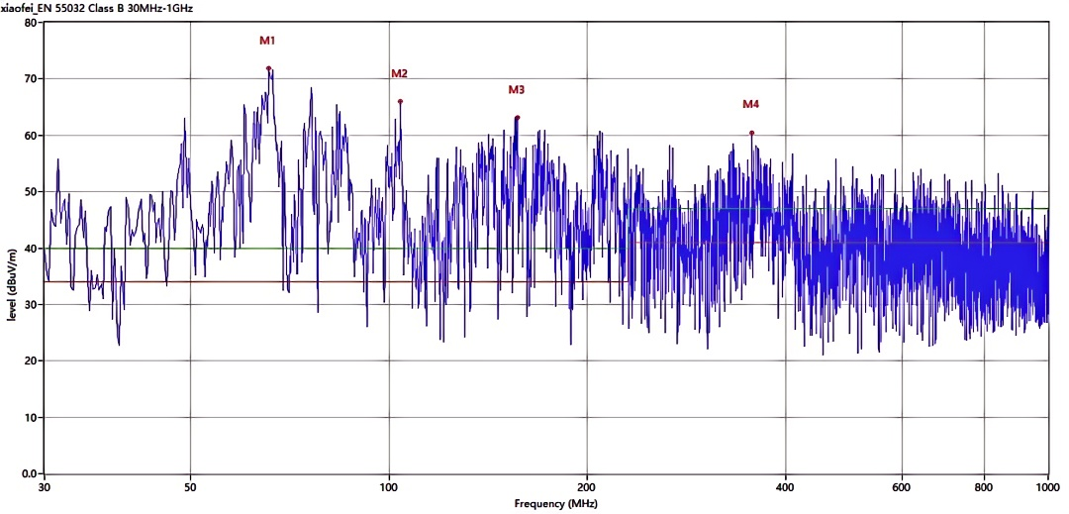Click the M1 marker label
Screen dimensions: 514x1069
[267, 42]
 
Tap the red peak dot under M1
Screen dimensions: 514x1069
[268, 68]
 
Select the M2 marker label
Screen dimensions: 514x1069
[399, 73]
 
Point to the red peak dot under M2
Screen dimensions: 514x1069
[400, 101]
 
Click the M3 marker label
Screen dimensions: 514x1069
[516, 90]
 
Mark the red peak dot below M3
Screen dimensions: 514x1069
[517, 118]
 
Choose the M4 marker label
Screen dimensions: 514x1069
[751, 104]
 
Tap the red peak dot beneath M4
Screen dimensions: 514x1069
[751, 133]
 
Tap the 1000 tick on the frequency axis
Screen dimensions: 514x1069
[1048, 487]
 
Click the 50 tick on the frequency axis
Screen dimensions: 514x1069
[190, 487]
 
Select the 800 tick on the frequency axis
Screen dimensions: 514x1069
[984, 487]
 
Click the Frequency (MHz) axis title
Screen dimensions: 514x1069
[555, 504]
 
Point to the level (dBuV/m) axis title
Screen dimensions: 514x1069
[11, 282]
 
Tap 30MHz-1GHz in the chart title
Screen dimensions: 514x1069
[152, 7]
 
